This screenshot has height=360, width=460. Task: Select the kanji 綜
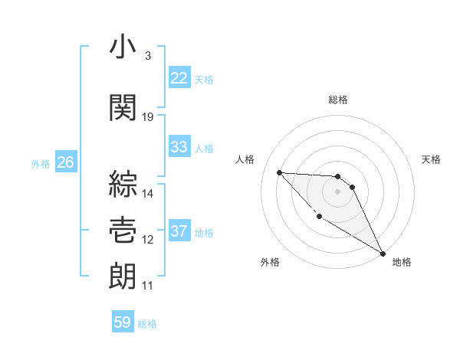click(x=123, y=184)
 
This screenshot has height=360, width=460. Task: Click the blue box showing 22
click(x=179, y=78)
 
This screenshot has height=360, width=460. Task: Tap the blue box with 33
click(x=179, y=147)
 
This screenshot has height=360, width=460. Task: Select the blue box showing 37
click(x=179, y=231)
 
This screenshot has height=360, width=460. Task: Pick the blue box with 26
click(x=65, y=162)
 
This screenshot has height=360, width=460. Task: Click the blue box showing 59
click(x=123, y=322)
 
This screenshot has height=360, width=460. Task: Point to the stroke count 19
click(x=148, y=116)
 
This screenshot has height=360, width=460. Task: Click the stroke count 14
click(x=148, y=193)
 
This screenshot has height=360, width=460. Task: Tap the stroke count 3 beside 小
click(x=147, y=55)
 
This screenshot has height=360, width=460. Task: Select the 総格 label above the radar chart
click(x=338, y=100)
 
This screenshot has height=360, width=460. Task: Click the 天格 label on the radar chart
click(x=432, y=159)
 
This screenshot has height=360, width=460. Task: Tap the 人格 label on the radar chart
click(x=245, y=159)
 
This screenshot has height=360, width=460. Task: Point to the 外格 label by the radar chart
click(x=270, y=262)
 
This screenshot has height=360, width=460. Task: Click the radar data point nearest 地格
click(x=383, y=254)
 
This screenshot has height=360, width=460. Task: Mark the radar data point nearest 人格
click(x=280, y=172)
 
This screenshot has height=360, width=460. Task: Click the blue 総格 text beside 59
click(x=147, y=323)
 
